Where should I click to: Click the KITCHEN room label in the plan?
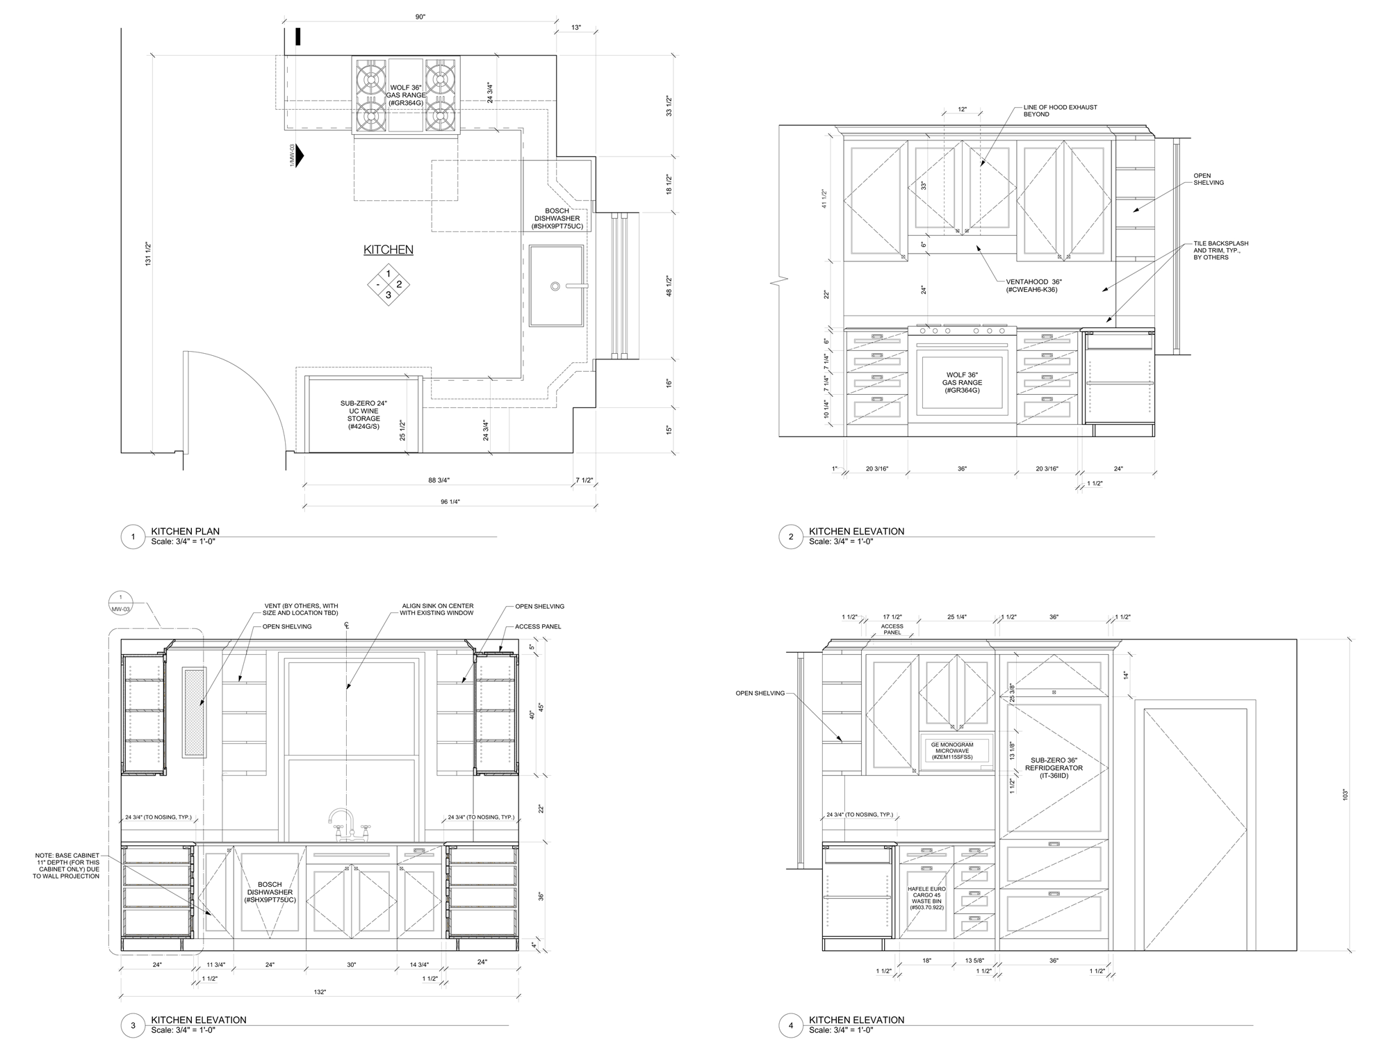(389, 250)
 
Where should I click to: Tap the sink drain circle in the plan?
(555, 286)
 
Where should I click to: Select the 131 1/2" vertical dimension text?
(147, 254)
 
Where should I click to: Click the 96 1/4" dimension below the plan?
(450, 502)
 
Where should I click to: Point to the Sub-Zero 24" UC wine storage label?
(363, 415)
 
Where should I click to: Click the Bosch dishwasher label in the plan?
(557, 218)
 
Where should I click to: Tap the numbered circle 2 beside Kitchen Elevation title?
(791, 537)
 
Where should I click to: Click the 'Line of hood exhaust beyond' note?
(1060, 111)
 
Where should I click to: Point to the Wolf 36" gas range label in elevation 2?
(962, 383)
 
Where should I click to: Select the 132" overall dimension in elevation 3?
(320, 992)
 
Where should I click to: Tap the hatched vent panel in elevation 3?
(195, 712)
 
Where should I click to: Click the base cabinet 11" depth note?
(67, 865)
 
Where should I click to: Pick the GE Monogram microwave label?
(952, 751)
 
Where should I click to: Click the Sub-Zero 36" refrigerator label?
(1054, 768)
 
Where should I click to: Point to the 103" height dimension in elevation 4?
(1345, 794)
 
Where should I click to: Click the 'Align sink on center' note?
(437, 610)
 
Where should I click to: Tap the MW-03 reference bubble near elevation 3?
(121, 603)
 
